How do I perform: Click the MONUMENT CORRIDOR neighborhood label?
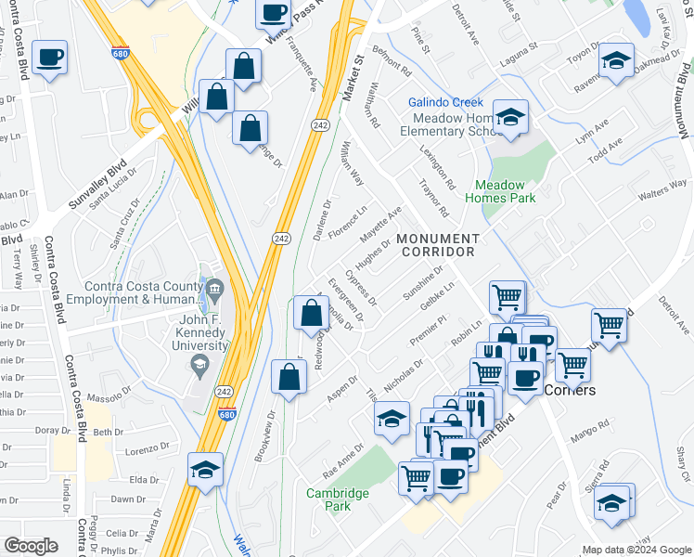point(436,245)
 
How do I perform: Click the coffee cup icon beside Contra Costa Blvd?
point(49,58)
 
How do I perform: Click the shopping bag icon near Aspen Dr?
point(289,377)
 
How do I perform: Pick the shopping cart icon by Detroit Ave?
point(609,326)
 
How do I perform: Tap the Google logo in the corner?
point(31,546)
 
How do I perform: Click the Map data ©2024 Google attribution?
point(636,550)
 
